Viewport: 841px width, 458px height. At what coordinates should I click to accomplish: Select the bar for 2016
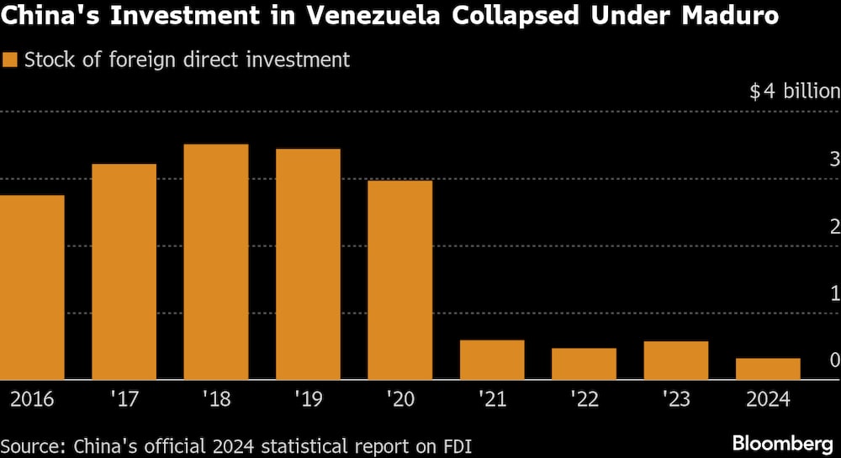tap(32, 287)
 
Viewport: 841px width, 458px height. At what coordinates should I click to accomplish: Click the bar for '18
tap(216, 262)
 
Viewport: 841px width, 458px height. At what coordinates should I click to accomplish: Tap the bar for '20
tap(400, 280)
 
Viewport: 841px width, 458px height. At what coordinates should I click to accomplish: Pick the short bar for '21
tap(492, 360)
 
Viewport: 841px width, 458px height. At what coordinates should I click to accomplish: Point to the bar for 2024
tap(768, 369)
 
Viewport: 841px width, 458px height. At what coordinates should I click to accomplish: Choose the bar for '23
tap(676, 361)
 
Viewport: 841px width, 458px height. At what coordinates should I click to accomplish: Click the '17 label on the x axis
tap(124, 398)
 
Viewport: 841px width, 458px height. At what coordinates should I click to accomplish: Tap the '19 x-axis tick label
tap(308, 398)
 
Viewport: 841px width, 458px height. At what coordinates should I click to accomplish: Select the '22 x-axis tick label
tap(584, 398)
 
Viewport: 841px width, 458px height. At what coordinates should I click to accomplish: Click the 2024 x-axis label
tap(767, 398)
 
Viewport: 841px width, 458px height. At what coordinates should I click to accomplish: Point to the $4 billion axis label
tap(795, 92)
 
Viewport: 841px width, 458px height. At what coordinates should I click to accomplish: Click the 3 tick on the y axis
tap(834, 159)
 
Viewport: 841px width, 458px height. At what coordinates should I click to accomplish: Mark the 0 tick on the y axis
tap(834, 360)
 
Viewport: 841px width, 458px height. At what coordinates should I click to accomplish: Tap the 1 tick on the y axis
tap(834, 292)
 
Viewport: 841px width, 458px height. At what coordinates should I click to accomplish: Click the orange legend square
tap(10, 61)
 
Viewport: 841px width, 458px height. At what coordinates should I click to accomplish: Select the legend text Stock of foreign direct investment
tap(187, 61)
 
